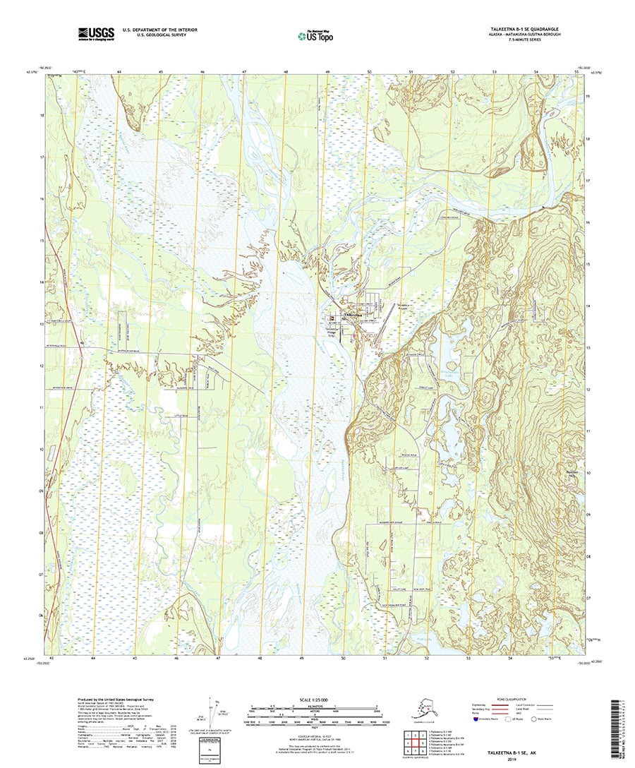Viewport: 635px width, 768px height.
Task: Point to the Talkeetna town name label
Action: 352,315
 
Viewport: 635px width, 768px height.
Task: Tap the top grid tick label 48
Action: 286,73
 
